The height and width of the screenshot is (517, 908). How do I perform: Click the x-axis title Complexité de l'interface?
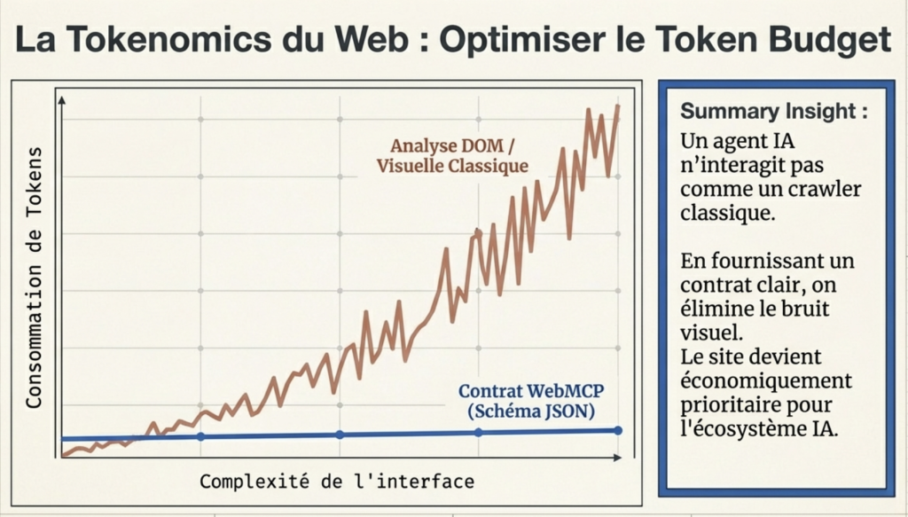coord(336,482)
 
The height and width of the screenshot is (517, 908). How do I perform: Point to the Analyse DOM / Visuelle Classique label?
coord(452,155)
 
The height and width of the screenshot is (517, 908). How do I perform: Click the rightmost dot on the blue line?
coord(617,430)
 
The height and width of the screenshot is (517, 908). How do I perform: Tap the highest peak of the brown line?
coord(617,106)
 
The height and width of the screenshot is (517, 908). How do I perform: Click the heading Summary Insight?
coord(773,113)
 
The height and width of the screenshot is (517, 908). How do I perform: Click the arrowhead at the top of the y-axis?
coord(61,99)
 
